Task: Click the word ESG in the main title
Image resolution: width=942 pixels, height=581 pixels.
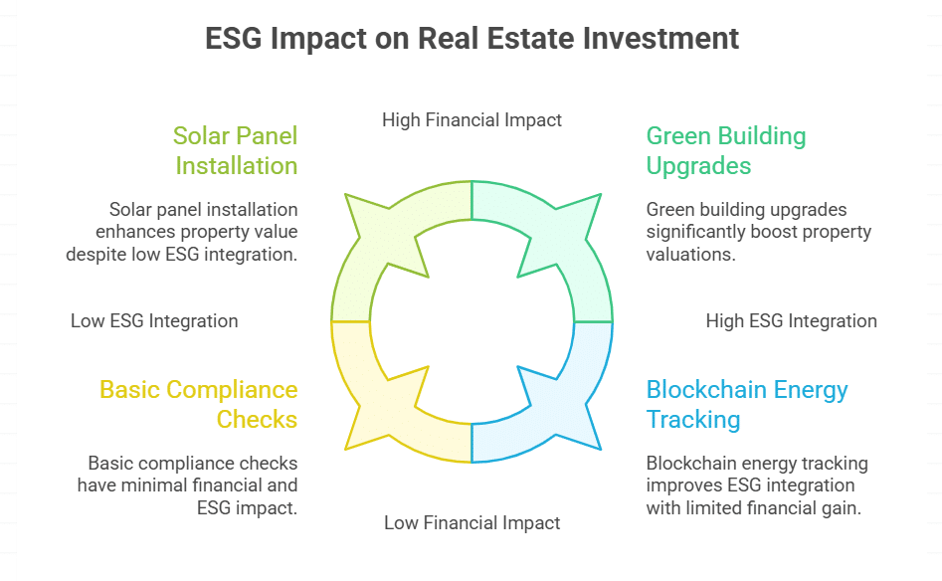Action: [236, 39]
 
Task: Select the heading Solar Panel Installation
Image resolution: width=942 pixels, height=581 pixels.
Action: [235, 149]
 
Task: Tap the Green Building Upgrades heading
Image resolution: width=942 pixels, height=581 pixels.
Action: [726, 149]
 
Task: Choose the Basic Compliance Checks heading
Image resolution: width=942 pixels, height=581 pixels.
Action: [198, 404]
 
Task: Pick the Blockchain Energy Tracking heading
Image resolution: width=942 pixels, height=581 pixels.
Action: [746, 404]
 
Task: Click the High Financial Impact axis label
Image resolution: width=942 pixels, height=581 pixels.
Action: [471, 120]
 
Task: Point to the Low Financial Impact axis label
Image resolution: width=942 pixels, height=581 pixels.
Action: [471, 522]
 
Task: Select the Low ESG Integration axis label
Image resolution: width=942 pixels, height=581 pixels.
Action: [154, 321]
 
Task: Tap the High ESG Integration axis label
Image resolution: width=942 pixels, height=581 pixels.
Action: [791, 321]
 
